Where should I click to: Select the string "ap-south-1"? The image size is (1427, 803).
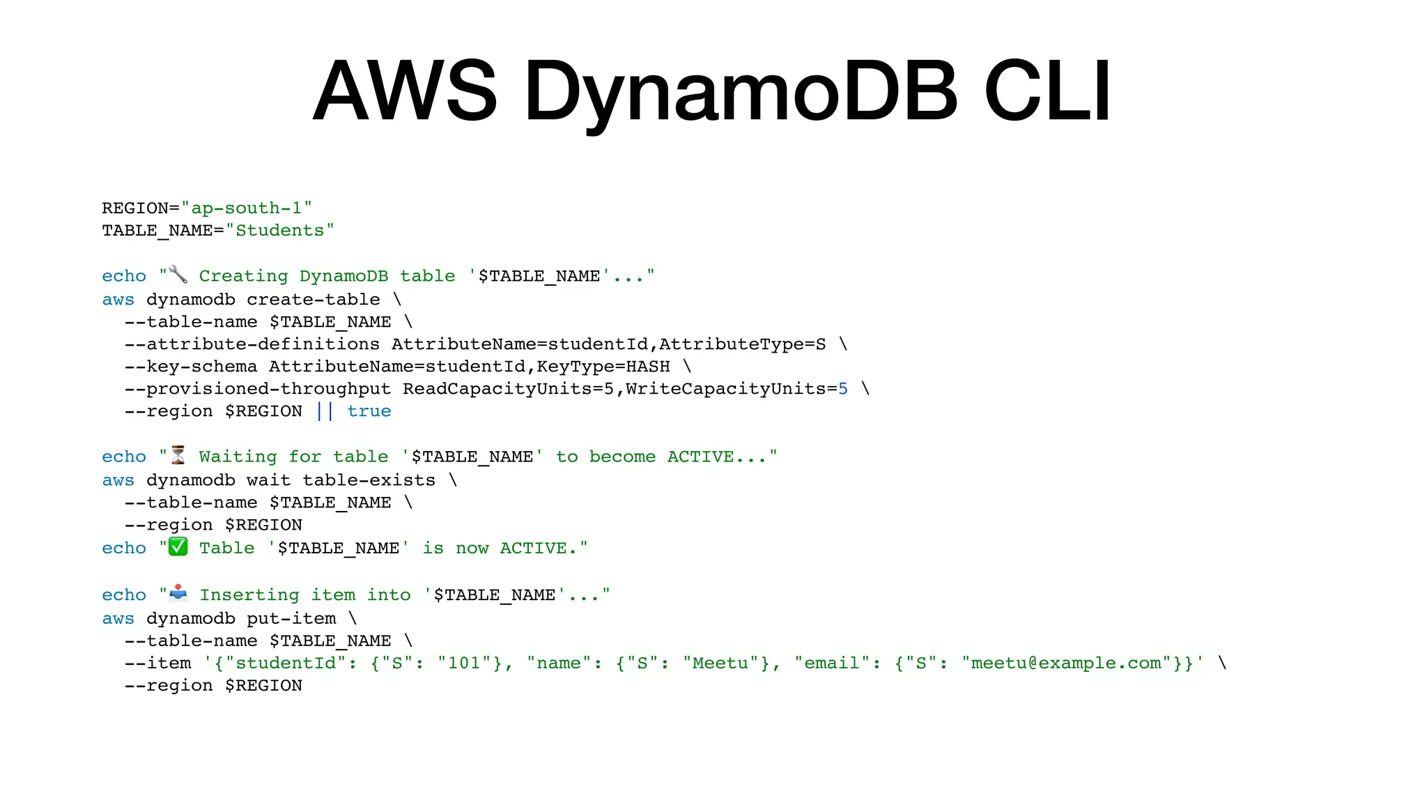(x=247, y=208)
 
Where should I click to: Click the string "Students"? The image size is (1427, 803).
(x=280, y=230)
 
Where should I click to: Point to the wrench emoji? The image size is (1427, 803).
(x=178, y=275)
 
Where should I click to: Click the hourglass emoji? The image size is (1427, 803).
(x=178, y=455)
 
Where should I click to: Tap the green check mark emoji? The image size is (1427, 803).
(x=178, y=547)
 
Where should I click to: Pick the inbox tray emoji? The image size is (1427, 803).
(x=178, y=593)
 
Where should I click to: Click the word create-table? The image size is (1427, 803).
(x=314, y=299)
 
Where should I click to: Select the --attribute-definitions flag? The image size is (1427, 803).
(x=252, y=344)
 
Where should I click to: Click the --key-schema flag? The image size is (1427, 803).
(x=191, y=366)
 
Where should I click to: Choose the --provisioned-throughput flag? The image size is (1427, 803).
(x=258, y=388)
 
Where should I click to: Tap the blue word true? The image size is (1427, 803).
(x=369, y=411)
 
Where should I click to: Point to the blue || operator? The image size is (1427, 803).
(x=325, y=411)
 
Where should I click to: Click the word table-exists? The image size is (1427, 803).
(x=369, y=480)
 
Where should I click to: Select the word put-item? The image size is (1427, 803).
(x=291, y=618)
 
